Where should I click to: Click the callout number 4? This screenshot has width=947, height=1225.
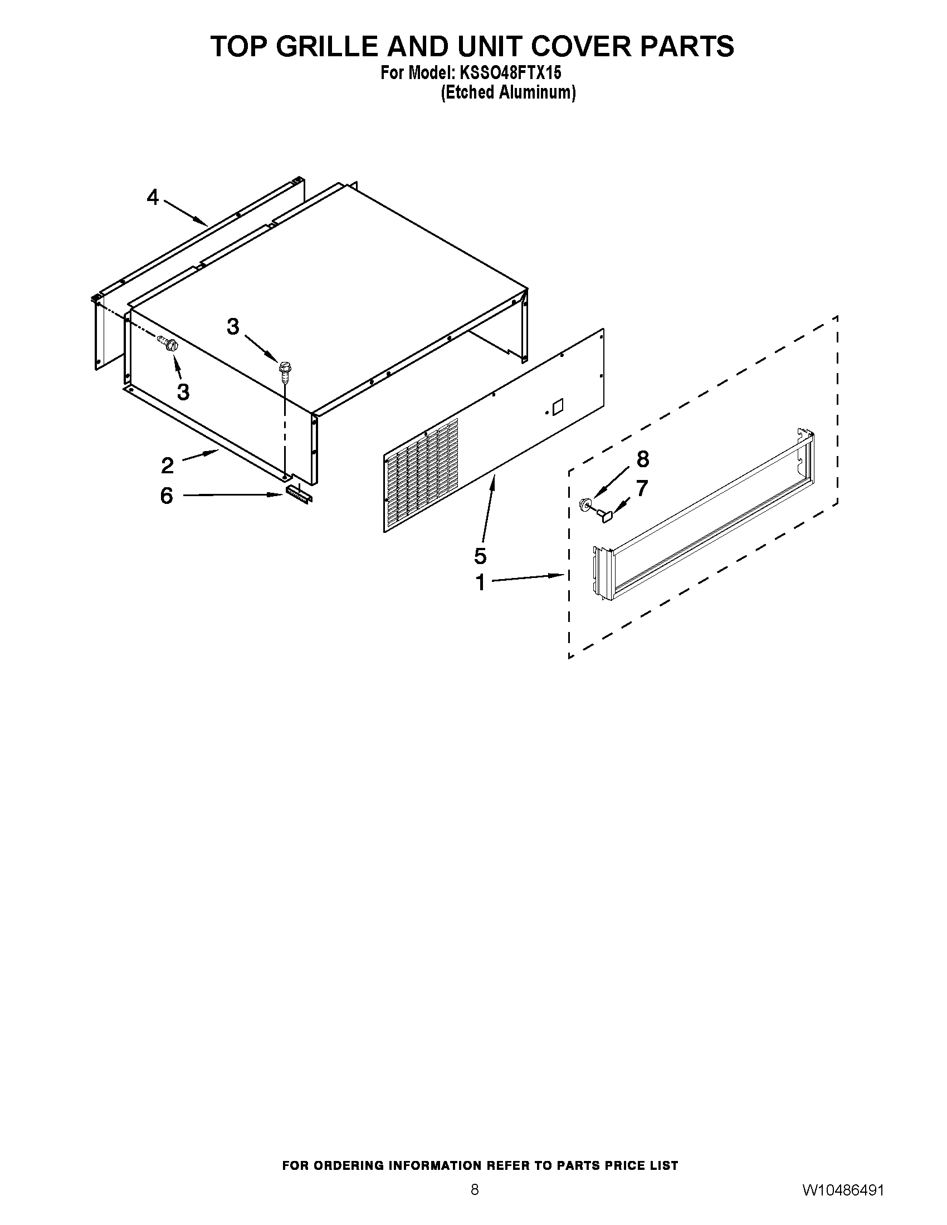coord(153,198)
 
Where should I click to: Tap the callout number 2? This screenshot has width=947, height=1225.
coord(167,465)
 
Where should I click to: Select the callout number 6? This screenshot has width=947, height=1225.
coord(167,495)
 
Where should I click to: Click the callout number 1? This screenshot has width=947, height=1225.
coord(480,582)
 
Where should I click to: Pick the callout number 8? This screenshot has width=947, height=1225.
coord(642,459)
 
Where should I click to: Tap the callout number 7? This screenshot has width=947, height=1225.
coord(642,488)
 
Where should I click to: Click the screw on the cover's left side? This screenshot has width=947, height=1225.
coord(168,341)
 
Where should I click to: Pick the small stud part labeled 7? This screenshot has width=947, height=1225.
coord(604,514)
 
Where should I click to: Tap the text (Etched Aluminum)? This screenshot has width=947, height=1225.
coord(508,92)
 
